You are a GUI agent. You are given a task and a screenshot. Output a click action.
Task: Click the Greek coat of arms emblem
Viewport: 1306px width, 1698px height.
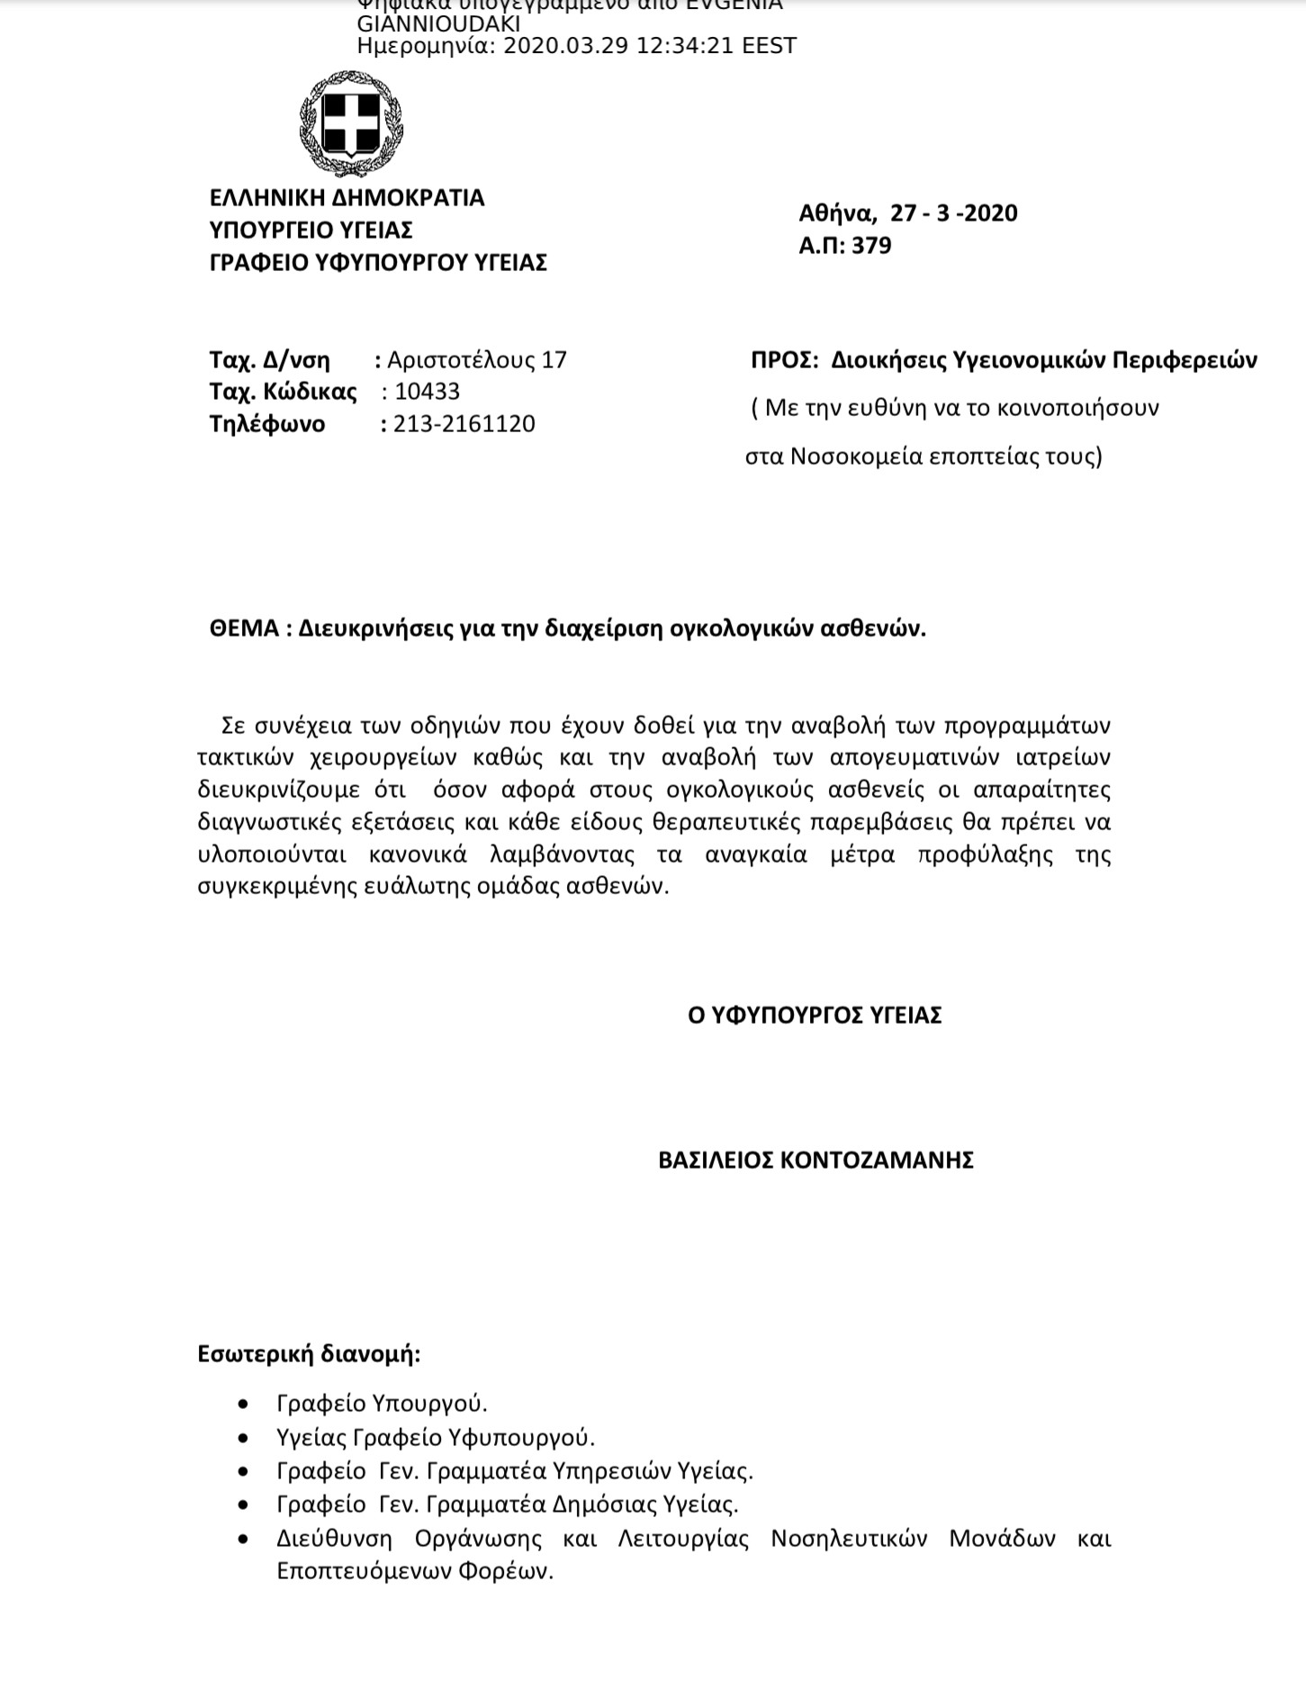click(351, 125)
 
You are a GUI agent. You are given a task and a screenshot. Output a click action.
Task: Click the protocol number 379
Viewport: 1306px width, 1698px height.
click(871, 246)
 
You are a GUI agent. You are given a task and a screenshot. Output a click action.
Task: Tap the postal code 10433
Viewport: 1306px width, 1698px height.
click(428, 392)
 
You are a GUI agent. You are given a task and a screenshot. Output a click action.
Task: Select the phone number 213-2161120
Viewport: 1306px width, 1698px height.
click(464, 424)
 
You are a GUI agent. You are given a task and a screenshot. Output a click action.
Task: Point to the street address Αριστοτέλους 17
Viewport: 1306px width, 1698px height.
click(477, 360)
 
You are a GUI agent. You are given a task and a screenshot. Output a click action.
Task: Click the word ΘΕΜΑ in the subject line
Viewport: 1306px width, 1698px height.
click(244, 628)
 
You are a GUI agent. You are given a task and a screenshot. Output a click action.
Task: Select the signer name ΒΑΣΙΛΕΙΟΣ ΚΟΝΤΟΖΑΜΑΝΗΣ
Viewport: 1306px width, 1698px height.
click(815, 1160)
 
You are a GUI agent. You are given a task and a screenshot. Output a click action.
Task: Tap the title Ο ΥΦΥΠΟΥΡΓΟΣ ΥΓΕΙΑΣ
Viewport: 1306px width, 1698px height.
click(815, 1016)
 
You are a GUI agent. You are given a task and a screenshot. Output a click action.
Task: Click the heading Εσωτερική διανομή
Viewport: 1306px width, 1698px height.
click(309, 1354)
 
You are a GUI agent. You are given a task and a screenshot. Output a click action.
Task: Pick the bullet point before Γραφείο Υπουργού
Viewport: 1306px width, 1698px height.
click(243, 1404)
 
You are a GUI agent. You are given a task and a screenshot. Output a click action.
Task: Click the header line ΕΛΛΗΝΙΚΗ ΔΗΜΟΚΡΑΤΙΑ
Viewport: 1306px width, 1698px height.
click(347, 198)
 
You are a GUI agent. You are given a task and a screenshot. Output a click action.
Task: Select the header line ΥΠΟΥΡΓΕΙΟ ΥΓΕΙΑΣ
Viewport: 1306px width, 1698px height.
click(311, 230)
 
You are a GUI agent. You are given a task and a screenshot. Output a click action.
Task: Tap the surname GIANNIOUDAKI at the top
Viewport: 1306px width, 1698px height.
click(438, 24)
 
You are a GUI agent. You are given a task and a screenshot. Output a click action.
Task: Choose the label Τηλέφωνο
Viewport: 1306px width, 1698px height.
click(267, 424)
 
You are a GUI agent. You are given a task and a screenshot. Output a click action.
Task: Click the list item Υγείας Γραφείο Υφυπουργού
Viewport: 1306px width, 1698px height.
click(436, 1438)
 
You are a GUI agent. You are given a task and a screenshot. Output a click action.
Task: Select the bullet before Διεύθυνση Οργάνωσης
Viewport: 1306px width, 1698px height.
click(243, 1540)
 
